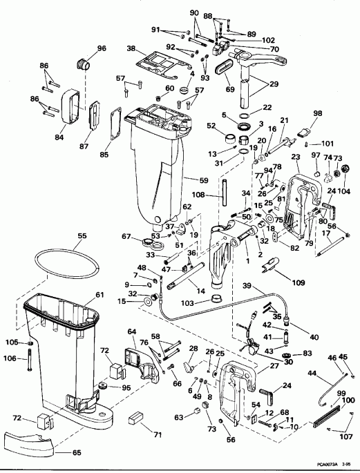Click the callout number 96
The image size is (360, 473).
click(x=102, y=48)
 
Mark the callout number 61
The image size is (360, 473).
click(x=100, y=295)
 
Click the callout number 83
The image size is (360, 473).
click(x=307, y=354)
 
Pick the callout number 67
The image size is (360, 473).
click(x=126, y=237)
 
